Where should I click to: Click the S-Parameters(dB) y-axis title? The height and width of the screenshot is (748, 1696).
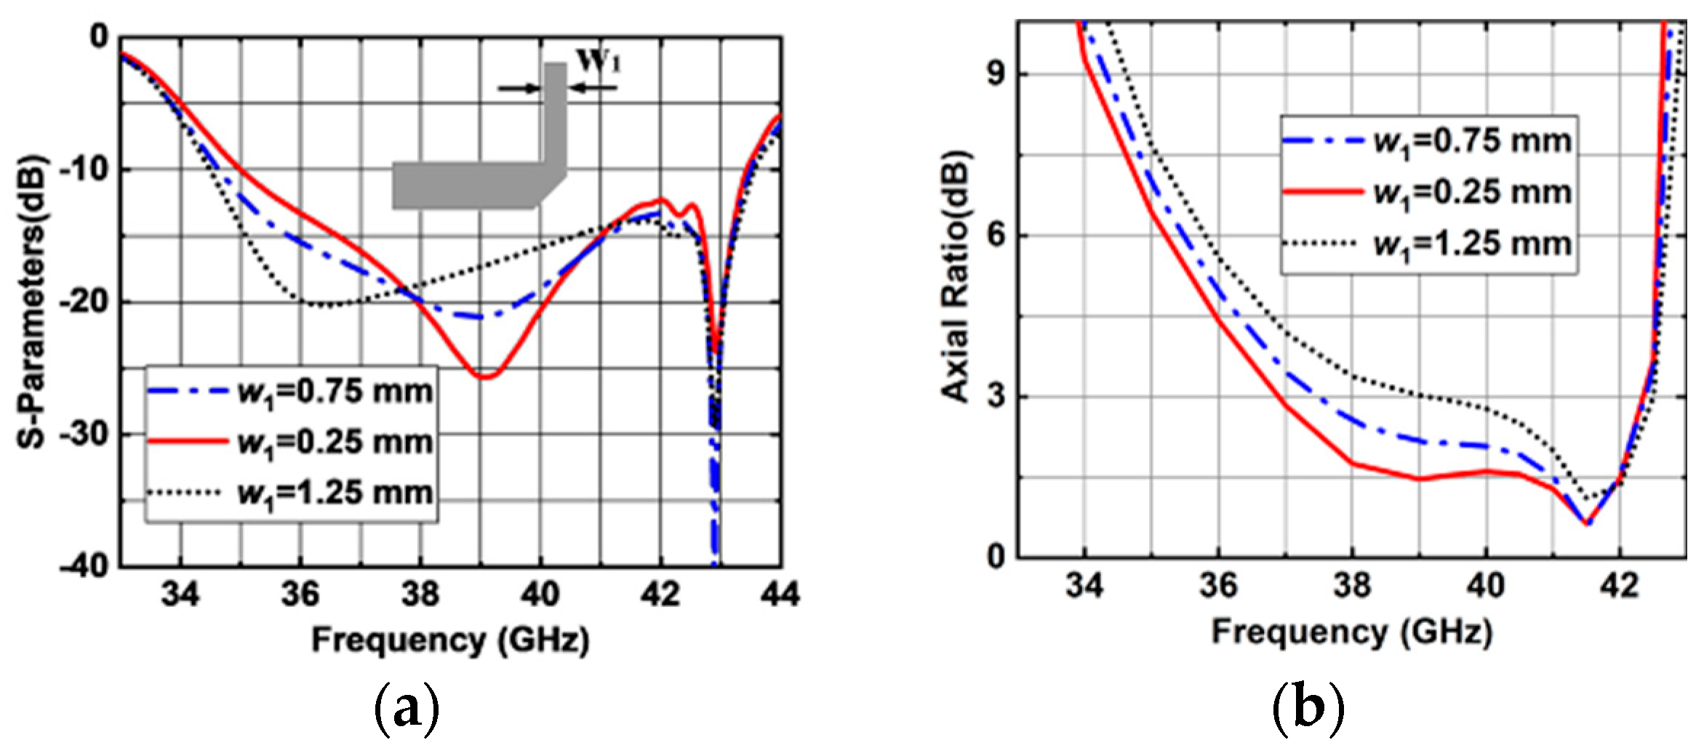(32, 302)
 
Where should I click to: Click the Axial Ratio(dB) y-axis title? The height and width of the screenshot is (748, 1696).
(955, 276)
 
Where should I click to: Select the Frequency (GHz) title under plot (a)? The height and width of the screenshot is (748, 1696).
(450, 640)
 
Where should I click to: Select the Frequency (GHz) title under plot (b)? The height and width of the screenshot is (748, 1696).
(1351, 631)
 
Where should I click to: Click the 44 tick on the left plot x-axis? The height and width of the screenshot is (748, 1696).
(780, 594)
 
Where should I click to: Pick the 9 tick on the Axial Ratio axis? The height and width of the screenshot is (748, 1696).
(996, 74)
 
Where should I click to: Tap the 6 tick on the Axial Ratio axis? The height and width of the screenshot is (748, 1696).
(996, 236)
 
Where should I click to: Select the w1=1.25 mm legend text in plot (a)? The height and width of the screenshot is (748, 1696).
(335, 494)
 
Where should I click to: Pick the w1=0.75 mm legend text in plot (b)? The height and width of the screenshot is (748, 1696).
(1472, 141)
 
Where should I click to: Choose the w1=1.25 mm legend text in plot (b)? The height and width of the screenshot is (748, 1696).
(1472, 243)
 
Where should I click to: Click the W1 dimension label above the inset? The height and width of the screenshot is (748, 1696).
(599, 61)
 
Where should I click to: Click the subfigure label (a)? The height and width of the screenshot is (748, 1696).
(407, 709)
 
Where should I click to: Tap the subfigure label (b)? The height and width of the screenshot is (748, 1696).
(1308, 709)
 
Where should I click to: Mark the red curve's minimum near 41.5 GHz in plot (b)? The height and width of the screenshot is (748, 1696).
(1587, 523)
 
